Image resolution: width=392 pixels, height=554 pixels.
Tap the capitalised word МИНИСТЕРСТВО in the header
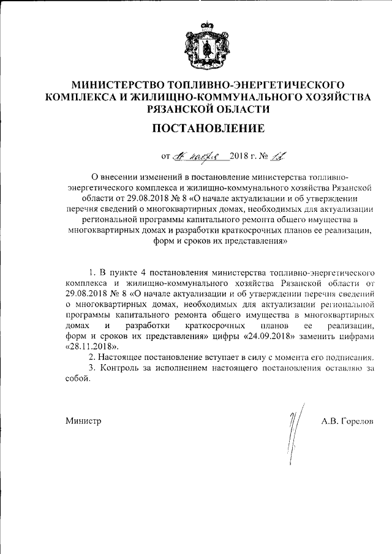[x=115, y=84]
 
